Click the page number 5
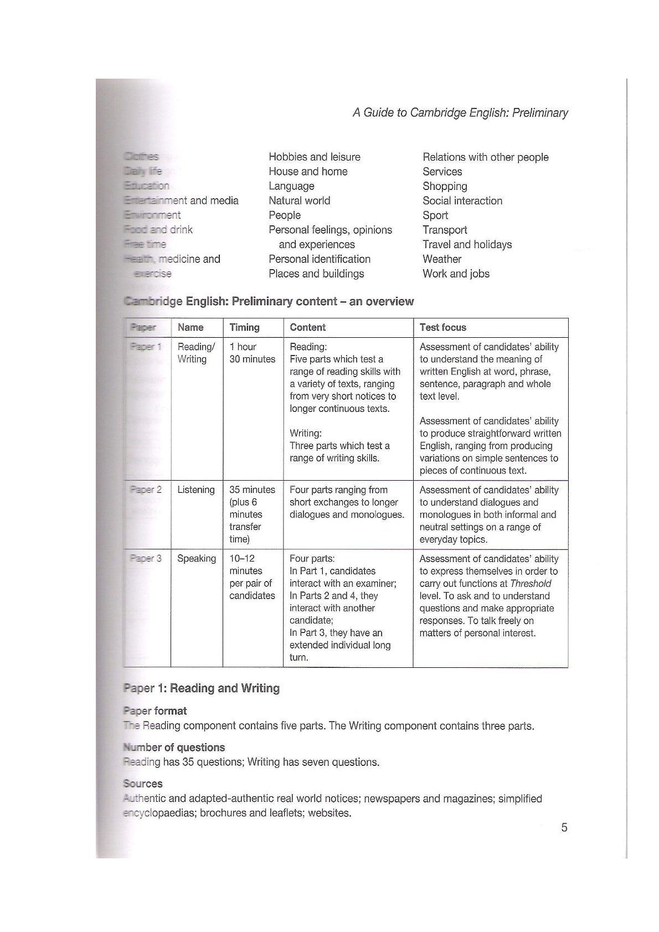tap(564, 828)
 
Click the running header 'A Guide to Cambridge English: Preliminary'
tap(460, 113)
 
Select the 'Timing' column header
tap(244, 327)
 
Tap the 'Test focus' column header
tap(442, 327)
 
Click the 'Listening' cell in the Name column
tap(195, 490)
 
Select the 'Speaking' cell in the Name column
tap(196, 558)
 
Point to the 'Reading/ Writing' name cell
tap(195, 353)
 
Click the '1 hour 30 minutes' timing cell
tap(252, 353)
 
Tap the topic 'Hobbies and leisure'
tap(314, 157)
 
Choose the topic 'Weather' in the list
tap(441, 259)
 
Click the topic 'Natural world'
tap(299, 200)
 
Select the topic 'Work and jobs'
tap(456, 274)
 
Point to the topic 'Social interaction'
tap(462, 200)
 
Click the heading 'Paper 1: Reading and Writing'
tap(201, 688)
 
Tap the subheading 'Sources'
tap(143, 784)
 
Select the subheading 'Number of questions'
tap(174, 747)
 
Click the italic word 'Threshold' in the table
tap(531, 584)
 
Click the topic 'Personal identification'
tap(319, 259)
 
